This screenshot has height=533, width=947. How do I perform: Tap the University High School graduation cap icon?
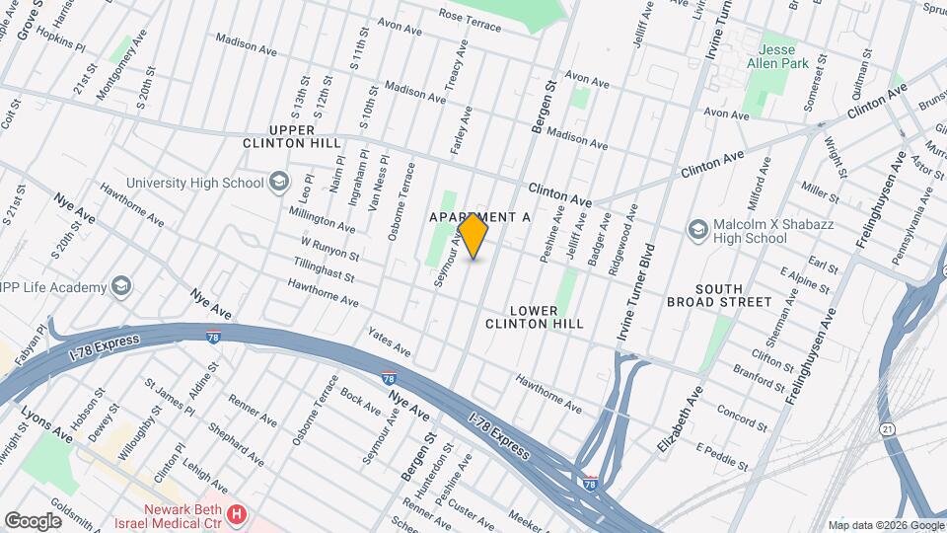point(279,182)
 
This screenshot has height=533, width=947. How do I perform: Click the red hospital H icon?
point(236,514)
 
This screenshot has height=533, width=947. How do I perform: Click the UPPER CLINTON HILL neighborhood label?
point(279,136)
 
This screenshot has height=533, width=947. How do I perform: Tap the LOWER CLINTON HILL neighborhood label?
point(535,316)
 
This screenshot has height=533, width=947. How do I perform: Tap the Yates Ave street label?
point(389,342)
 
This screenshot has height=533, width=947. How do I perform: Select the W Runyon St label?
point(329,248)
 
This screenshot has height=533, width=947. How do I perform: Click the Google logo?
point(34,520)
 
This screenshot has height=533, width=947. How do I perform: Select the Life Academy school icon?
point(121,287)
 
